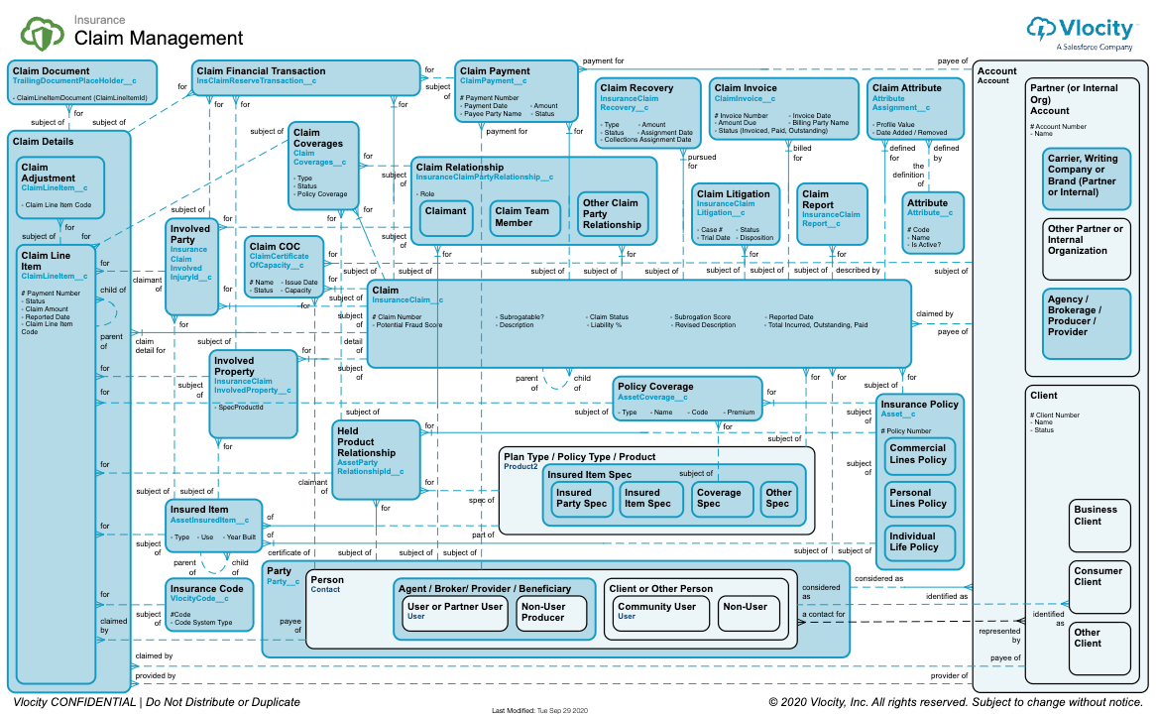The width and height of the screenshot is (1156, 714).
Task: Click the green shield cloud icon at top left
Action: (43, 35)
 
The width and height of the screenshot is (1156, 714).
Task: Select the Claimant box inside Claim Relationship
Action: (445, 217)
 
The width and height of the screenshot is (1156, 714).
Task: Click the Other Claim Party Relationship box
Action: (613, 214)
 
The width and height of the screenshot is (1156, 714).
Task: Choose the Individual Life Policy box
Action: (917, 541)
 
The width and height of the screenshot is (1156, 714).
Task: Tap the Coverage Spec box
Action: (719, 498)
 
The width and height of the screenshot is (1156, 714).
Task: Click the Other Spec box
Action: (778, 498)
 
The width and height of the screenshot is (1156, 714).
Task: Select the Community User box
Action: (656, 611)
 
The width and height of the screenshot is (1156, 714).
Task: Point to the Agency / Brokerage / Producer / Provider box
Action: (1087, 322)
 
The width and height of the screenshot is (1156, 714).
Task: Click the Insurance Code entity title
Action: (205, 589)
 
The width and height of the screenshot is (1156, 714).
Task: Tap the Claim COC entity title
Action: (277, 246)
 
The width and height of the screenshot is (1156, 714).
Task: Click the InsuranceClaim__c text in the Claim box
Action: (407, 299)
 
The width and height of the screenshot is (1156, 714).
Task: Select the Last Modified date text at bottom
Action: (540, 710)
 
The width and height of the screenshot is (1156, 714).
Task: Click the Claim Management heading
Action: (159, 39)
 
